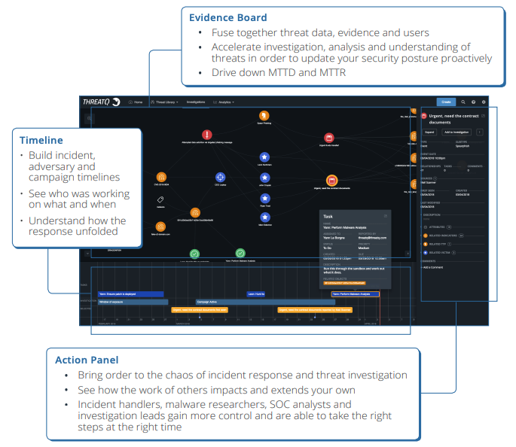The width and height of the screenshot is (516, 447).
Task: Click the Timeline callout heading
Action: (41, 140)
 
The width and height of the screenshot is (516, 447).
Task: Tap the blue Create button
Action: (446, 102)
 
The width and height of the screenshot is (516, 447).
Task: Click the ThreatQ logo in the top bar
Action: (101, 102)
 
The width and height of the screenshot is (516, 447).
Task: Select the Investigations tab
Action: (196, 102)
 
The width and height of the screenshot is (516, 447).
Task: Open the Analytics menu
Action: (224, 102)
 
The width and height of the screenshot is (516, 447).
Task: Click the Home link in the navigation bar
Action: (136, 102)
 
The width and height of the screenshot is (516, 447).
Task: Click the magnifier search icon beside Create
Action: (463, 102)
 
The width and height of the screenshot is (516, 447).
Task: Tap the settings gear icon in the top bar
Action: (484, 102)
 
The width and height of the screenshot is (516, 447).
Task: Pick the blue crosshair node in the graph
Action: (220, 178)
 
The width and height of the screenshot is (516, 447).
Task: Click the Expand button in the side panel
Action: (429, 132)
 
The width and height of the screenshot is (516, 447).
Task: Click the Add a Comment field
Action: (438, 267)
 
